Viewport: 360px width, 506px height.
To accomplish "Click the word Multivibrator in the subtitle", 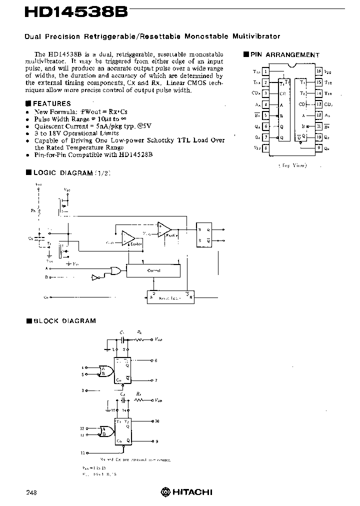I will click(256, 36).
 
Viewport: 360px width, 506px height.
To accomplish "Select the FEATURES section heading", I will click(50, 103).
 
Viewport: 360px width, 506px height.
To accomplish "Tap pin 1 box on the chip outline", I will click(266, 71).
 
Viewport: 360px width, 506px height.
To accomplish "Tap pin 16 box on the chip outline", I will click(318, 71).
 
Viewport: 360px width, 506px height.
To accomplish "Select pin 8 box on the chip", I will click(266, 148).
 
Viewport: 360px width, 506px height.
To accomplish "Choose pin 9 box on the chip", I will click(318, 148).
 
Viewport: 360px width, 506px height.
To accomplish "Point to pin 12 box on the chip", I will click(318, 115).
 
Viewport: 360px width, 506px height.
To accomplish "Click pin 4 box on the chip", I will click(266, 104).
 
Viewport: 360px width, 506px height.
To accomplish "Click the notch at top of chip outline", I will click(292, 65).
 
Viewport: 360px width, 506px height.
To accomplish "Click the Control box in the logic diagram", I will click(153, 270).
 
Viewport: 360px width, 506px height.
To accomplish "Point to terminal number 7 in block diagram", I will click(156, 380).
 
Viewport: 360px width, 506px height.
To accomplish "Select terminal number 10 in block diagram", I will click(157, 421).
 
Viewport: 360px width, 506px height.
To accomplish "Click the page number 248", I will click(31, 492).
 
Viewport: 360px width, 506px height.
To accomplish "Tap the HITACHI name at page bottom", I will click(192, 492).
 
